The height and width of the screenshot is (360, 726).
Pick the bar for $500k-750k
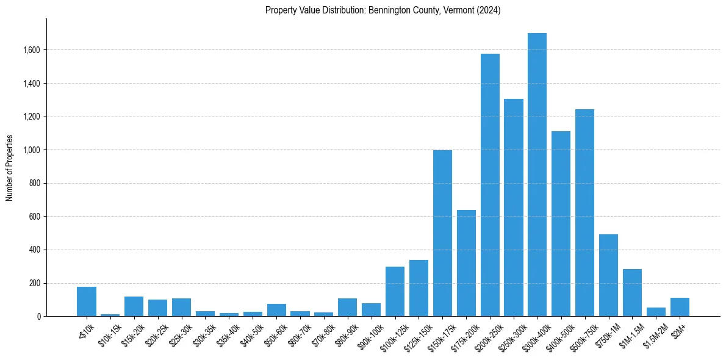click(x=584, y=213)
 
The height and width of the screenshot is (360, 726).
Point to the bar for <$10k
click(x=87, y=301)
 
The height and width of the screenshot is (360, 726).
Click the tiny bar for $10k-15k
click(x=110, y=315)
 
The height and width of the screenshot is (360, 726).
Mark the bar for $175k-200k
click(x=466, y=263)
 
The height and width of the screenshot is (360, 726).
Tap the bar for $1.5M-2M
click(x=656, y=312)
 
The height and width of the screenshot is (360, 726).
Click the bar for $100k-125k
click(x=395, y=292)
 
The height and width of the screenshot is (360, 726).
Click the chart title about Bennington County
click(x=383, y=10)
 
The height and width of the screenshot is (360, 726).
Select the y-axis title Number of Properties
click(x=10, y=168)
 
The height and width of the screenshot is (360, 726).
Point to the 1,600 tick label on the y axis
click(x=31, y=50)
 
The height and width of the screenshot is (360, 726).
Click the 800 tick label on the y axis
click(x=34, y=183)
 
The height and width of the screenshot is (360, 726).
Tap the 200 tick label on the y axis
click(x=34, y=283)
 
